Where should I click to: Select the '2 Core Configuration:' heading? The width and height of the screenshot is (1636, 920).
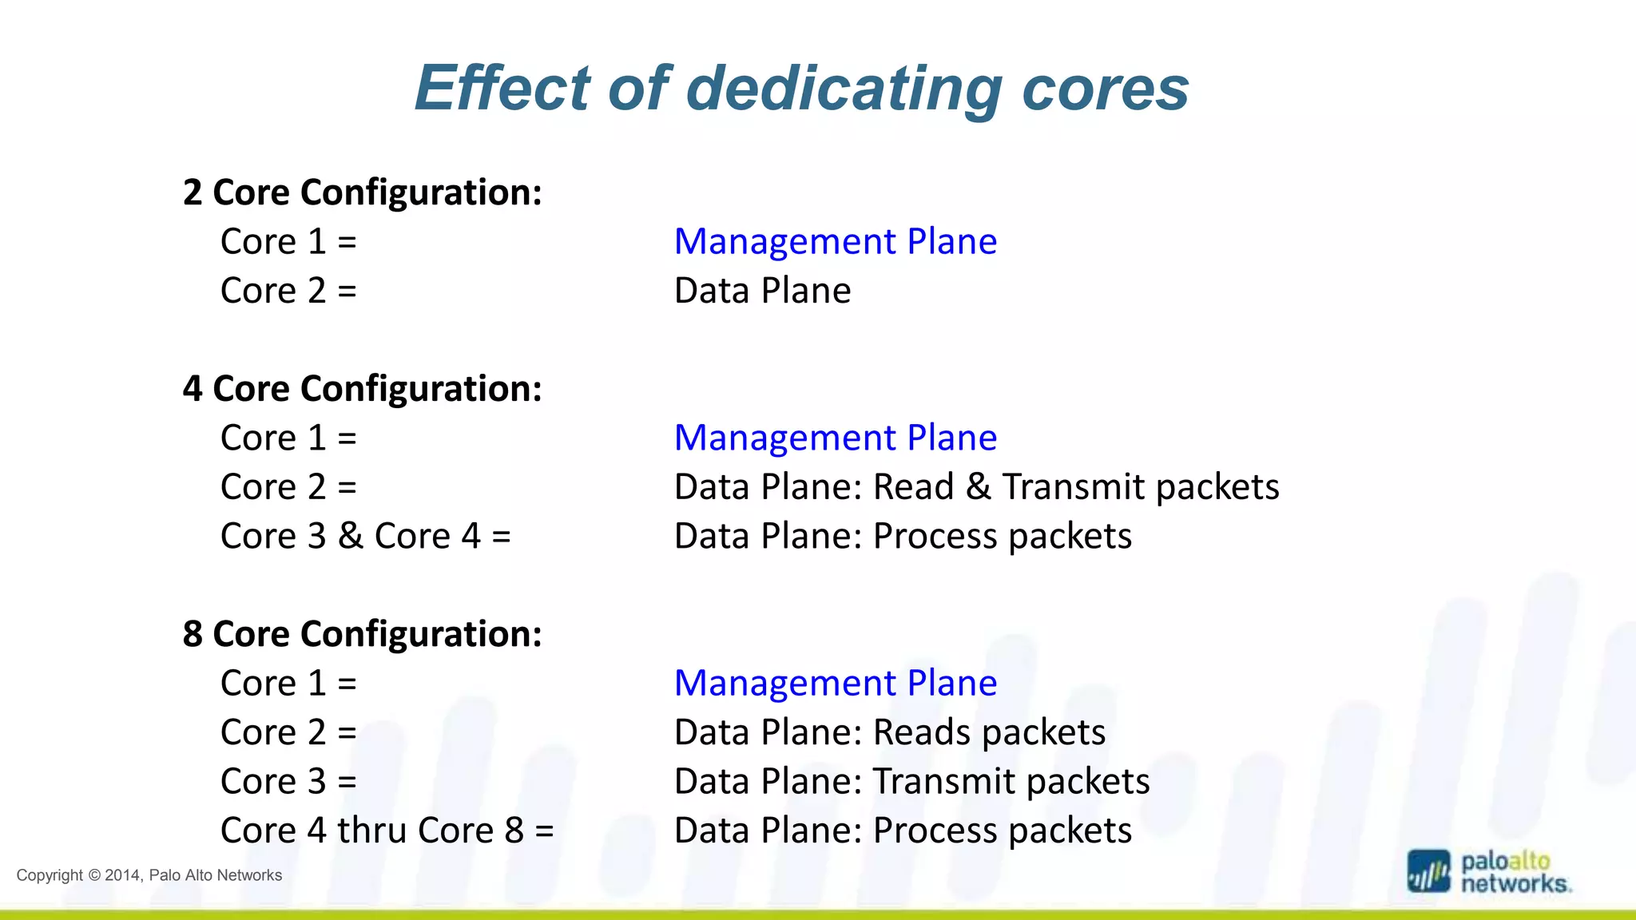[362, 192]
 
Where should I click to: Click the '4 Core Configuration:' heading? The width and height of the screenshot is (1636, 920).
[362, 389]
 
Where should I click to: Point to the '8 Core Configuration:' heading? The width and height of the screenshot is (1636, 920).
[362, 634]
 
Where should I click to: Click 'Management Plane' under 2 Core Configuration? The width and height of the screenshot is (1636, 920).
[835, 241]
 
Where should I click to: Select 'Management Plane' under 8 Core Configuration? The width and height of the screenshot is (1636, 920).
[835, 683]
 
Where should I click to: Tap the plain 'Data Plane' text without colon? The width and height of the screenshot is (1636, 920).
[762, 291]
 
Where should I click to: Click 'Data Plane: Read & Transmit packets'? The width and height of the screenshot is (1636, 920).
[976, 487]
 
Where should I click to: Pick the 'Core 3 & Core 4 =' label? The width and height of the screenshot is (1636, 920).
[365, 536]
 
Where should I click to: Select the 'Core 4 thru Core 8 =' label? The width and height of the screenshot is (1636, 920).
[387, 831]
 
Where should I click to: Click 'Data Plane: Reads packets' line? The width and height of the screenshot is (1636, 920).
[889, 732]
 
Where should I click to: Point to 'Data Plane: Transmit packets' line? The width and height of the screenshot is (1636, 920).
[911, 781]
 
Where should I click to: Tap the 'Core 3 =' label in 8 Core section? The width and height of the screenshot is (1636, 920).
[288, 781]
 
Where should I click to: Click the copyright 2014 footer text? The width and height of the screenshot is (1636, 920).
[149, 875]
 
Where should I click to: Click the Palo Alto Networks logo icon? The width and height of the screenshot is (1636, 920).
[1428, 871]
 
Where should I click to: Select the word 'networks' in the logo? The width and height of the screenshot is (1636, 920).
[1515, 884]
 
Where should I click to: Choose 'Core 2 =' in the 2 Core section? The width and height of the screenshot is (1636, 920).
[288, 291]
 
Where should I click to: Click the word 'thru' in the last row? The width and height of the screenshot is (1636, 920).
[371, 831]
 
